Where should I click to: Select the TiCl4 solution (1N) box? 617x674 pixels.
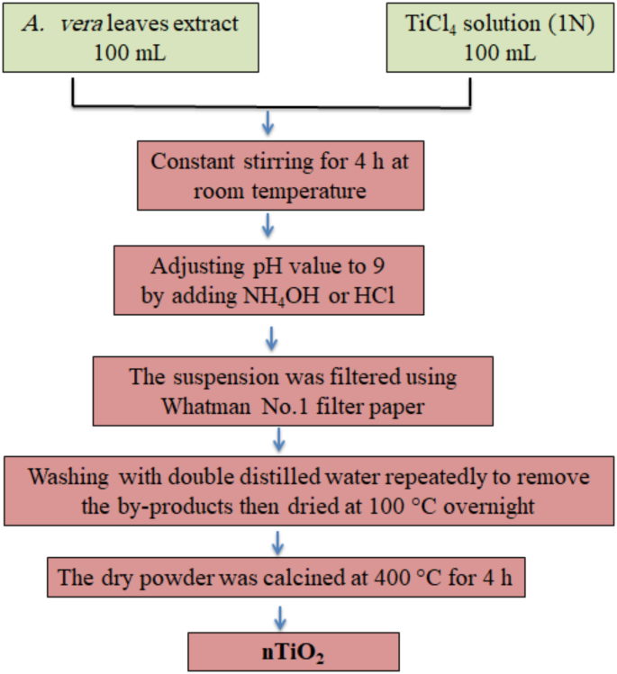click(499, 39)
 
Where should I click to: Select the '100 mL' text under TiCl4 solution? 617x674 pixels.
click(499, 52)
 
